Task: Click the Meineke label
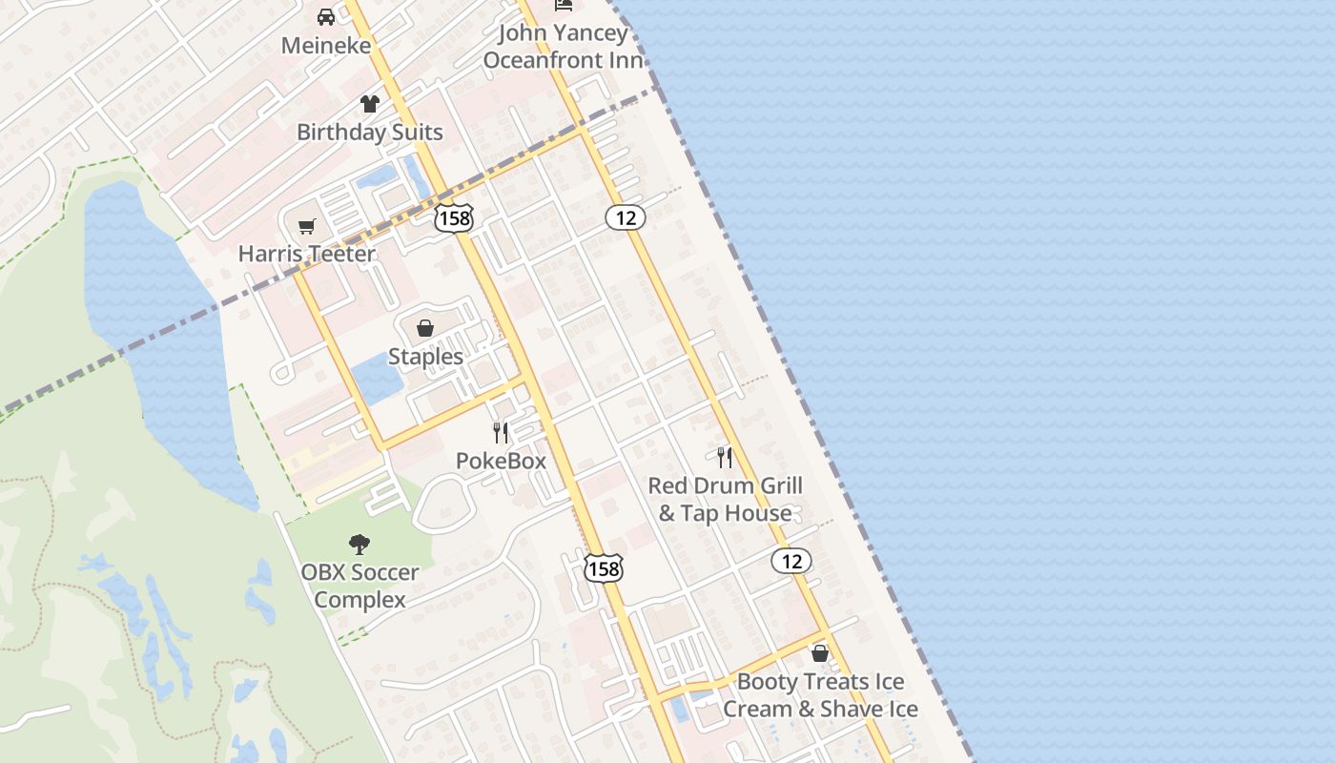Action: click(325, 45)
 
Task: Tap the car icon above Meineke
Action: click(326, 17)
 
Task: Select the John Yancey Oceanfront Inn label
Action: click(563, 47)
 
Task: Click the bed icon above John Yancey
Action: click(563, 5)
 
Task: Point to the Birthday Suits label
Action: click(370, 132)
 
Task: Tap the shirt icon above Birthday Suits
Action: click(370, 104)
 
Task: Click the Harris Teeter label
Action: click(307, 254)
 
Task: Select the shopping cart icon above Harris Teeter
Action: click(306, 226)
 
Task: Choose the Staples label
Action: click(425, 357)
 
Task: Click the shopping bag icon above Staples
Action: click(425, 328)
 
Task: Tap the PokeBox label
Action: click(501, 461)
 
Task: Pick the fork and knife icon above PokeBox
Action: click(501, 433)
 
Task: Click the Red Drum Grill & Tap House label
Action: click(725, 499)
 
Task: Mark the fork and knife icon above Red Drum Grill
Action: click(725, 458)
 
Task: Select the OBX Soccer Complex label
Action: click(359, 586)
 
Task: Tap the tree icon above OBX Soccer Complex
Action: click(359, 545)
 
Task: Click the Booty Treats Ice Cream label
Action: click(820, 695)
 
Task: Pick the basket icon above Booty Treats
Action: click(820, 653)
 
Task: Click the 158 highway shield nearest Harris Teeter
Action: click(453, 218)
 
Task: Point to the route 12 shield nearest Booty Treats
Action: click(791, 561)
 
